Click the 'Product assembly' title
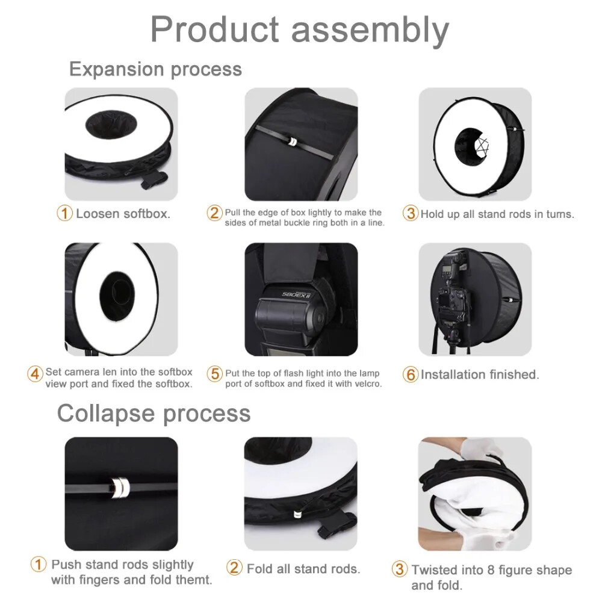pyautogui.click(x=299, y=29)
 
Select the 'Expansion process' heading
pyautogui.click(x=155, y=69)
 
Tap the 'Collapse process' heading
pyautogui.click(x=154, y=414)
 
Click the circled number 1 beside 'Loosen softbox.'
pyautogui.click(x=64, y=214)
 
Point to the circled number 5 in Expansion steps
pyautogui.click(x=215, y=374)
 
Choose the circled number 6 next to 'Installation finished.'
pyautogui.click(x=411, y=374)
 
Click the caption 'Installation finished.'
pyautogui.click(x=480, y=374)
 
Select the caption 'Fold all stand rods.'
pyautogui.click(x=303, y=568)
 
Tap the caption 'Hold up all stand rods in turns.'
pyautogui.click(x=497, y=214)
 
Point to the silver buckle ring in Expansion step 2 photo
pyautogui.click(x=291, y=141)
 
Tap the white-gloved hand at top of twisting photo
pyautogui.click(x=485, y=450)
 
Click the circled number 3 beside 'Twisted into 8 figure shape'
pyautogui.click(x=400, y=569)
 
